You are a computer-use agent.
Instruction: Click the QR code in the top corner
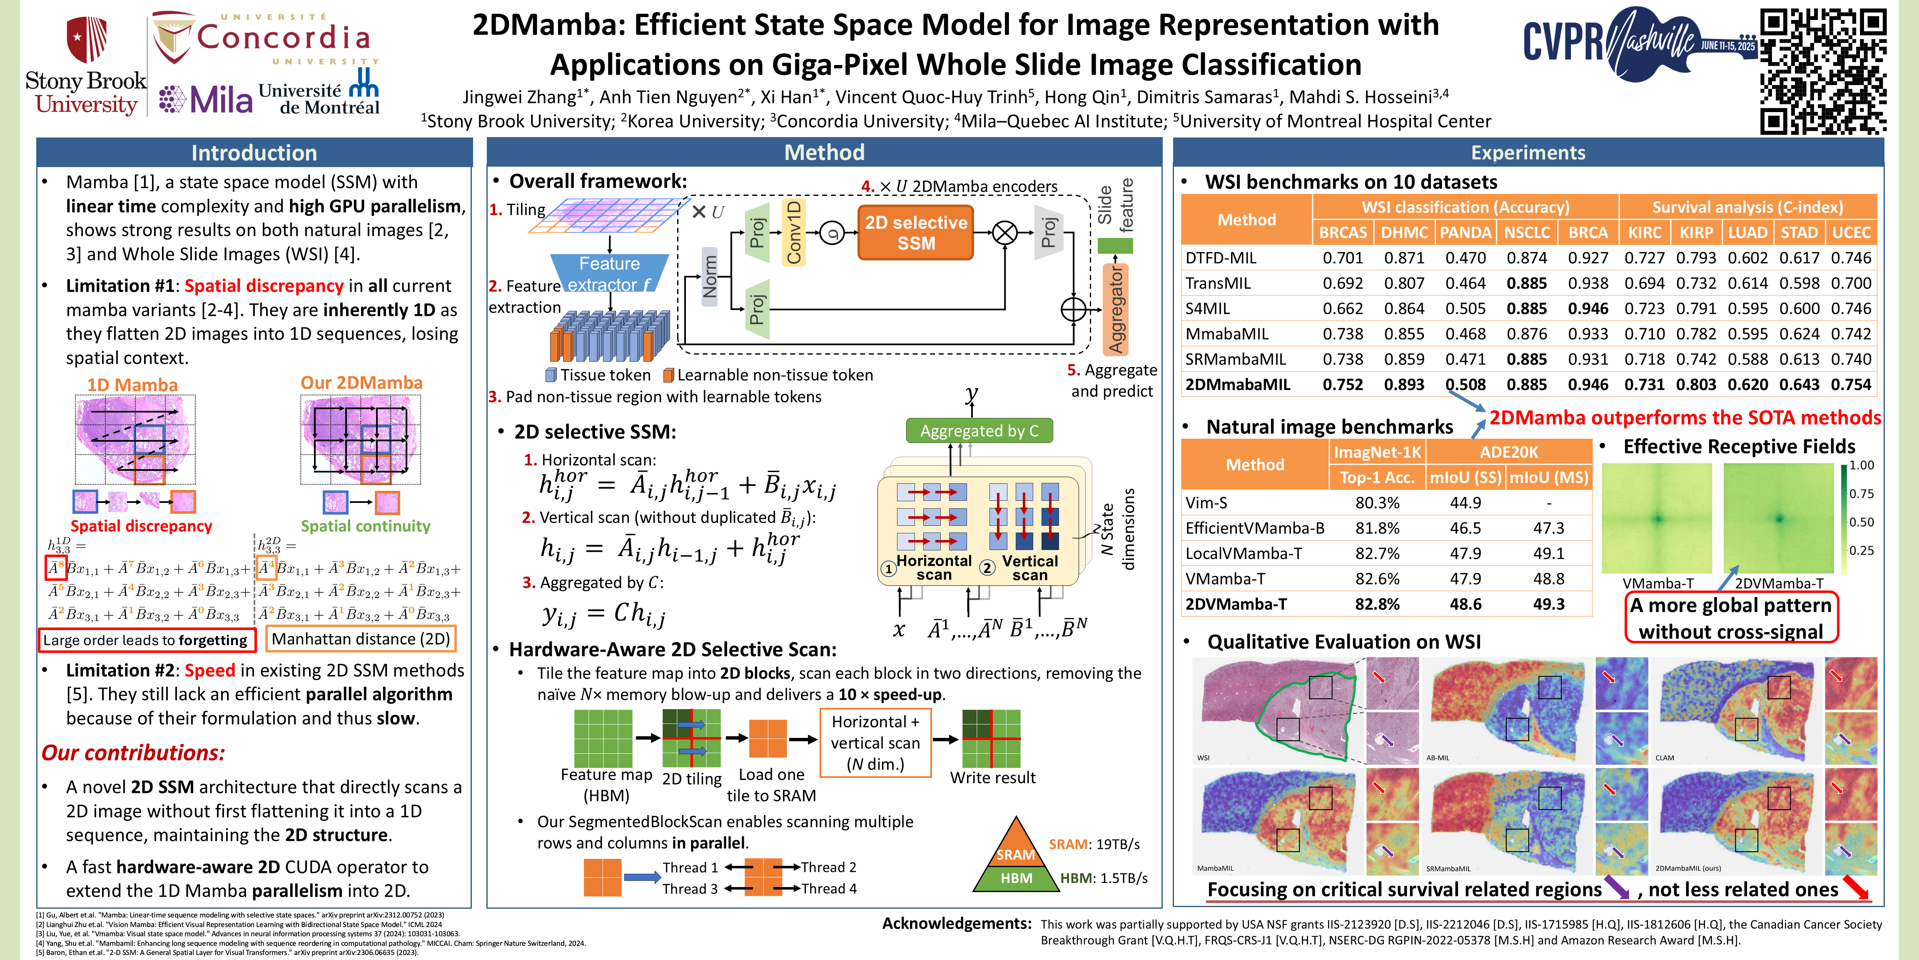[1823, 71]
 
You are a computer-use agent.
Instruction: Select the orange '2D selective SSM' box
[915, 232]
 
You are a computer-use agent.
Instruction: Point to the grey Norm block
[709, 276]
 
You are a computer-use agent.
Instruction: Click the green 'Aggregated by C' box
[979, 431]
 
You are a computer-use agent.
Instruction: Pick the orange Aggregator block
[1115, 309]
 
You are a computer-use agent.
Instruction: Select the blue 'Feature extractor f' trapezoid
[609, 273]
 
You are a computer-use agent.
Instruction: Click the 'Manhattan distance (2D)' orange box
[361, 639]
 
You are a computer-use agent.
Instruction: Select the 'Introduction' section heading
[254, 153]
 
